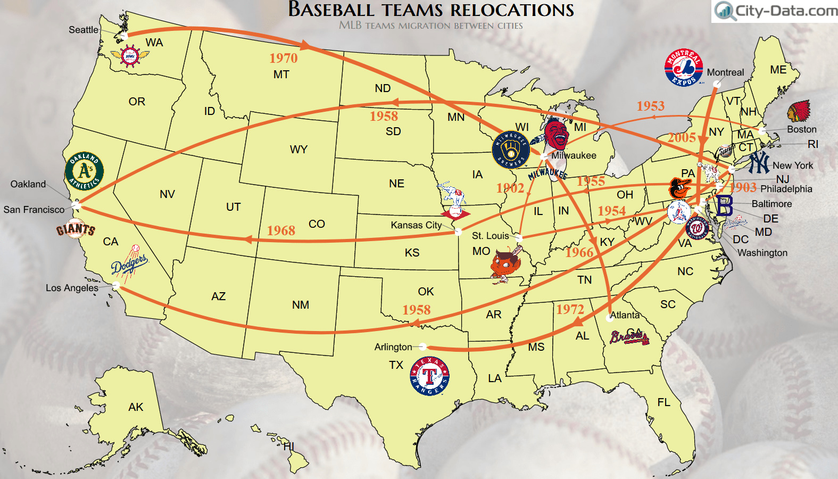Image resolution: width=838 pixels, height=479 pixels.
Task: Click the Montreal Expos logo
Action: click(684, 68)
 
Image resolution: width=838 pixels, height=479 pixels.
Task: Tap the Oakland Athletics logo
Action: click(84, 171)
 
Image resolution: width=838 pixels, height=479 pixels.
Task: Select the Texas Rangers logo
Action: click(429, 376)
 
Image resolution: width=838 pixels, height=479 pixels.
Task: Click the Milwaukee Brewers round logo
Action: click(511, 150)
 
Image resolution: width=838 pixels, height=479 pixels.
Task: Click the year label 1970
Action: click(283, 58)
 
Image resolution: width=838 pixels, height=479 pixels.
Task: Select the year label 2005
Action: click(682, 137)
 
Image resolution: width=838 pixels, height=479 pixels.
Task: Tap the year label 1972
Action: click(570, 309)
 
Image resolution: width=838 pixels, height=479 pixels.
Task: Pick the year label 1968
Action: click(281, 230)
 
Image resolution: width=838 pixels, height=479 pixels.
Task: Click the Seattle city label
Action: click(84, 30)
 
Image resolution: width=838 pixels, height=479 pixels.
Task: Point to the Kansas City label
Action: click(416, 225)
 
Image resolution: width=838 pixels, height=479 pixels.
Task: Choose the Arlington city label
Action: click(393, 347)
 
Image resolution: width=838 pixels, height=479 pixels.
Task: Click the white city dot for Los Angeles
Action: click(116, 286)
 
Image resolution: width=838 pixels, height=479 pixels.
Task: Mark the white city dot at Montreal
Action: click(717, 84)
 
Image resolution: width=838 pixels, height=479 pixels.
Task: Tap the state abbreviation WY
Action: click(298, 150)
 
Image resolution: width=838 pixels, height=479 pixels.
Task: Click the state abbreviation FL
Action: click(663, 402)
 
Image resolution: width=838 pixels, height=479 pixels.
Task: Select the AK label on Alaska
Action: click(136, 407)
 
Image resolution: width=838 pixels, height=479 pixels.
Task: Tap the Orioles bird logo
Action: click(679, 188)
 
